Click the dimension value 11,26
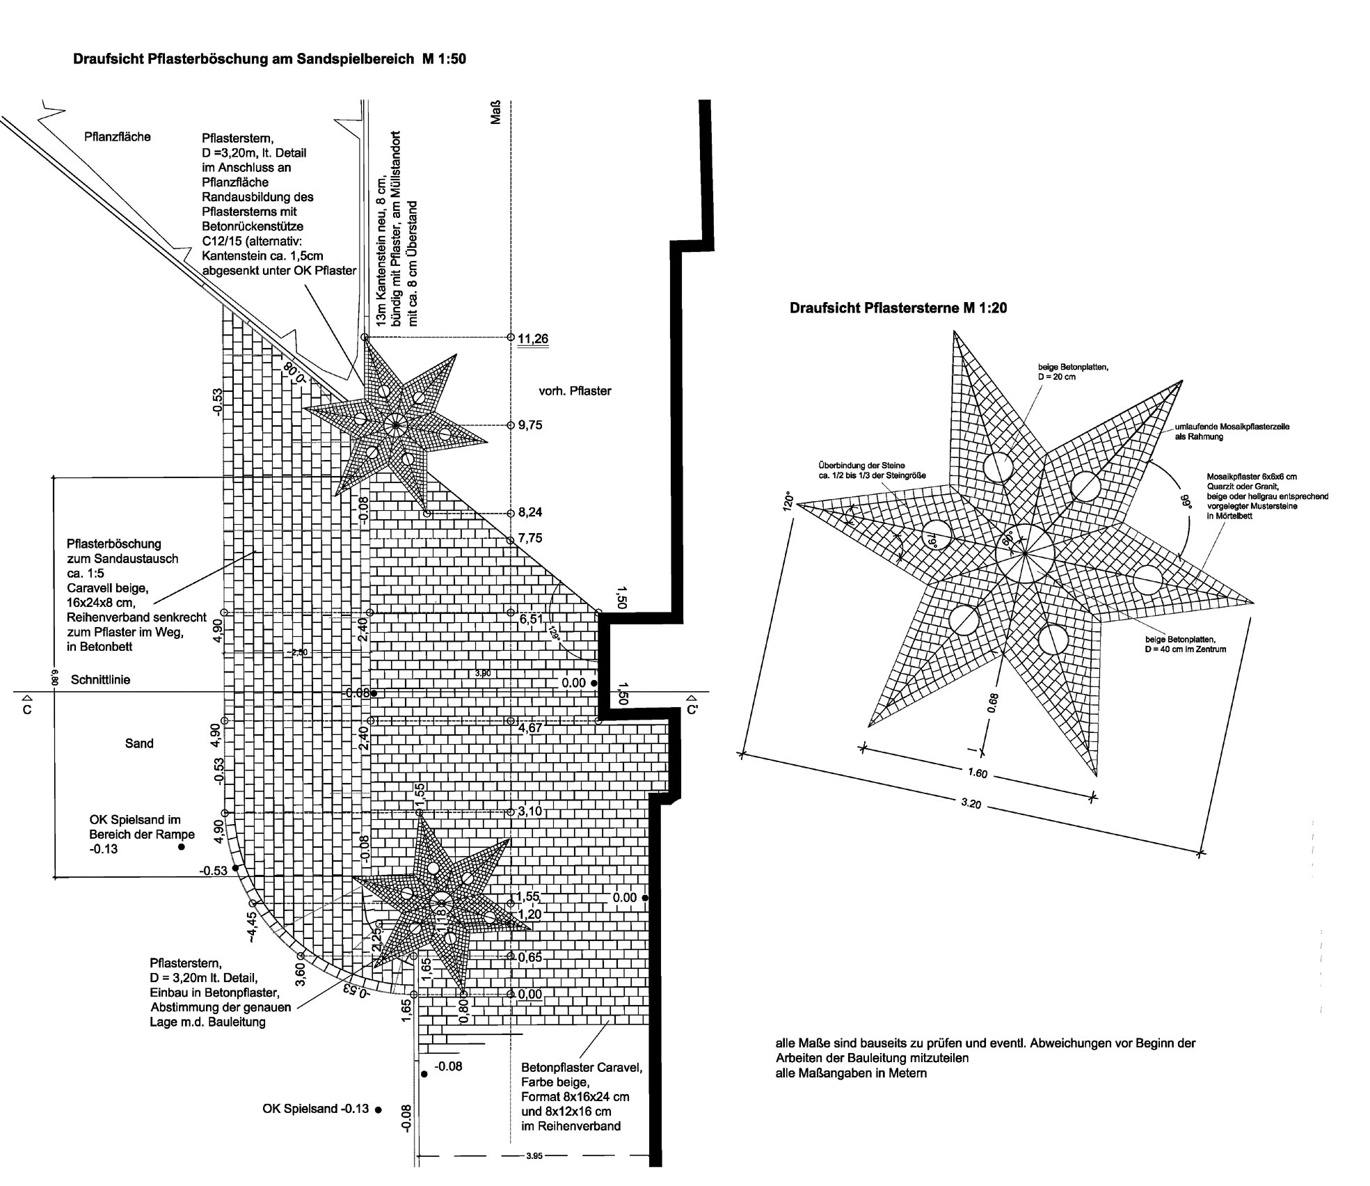[533, 339]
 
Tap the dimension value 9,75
[529, 425]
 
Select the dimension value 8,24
[529, 513]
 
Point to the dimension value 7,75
[529, 538]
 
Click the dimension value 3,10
[529, 812]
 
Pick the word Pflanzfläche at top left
[118, 137]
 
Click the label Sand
[139, 743]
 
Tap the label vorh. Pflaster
[575, 391]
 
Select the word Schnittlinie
[100, 680]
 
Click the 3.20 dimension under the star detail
[971, 804]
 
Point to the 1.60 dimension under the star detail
[978, 773]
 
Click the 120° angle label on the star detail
[788, 503]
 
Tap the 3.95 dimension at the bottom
[534, 1156]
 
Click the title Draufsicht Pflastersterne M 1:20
[898, 308]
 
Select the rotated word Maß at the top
[496, 115]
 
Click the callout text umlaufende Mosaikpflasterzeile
[1232, 427]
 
